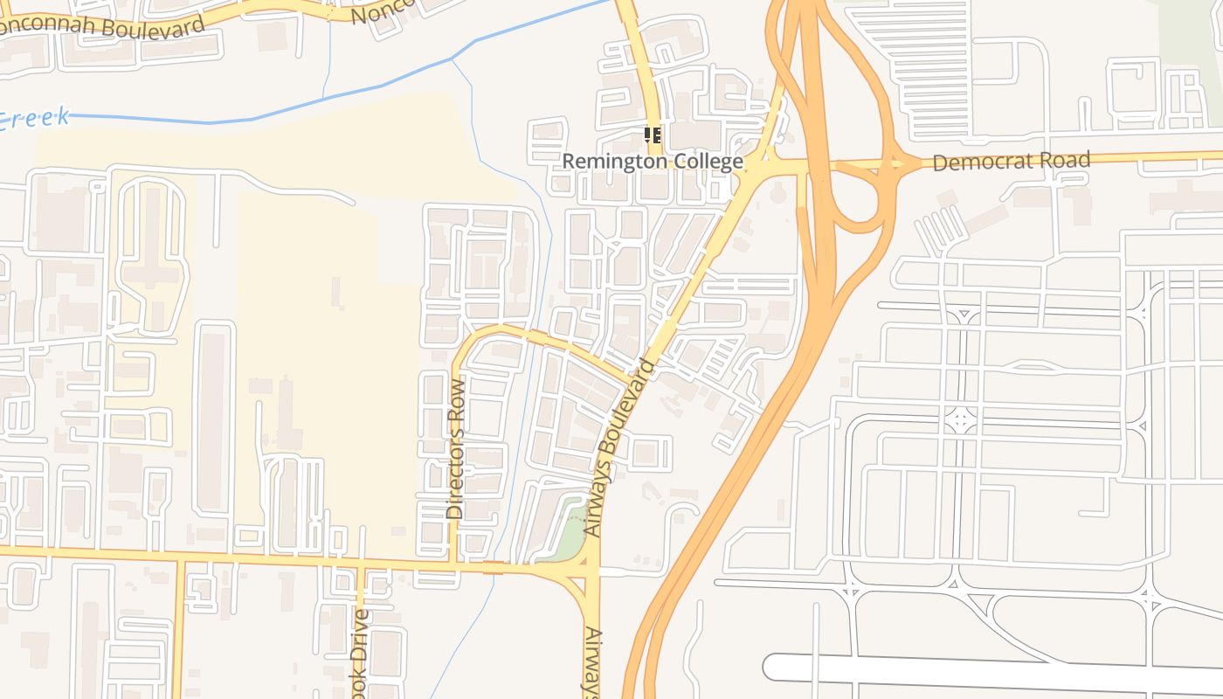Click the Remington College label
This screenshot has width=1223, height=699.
[x=652, y=162]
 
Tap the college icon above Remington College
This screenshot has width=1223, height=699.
[x=652, y=135]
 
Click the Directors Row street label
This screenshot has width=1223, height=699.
[x=456, y=449]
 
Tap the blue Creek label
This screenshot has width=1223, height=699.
[x=35, y=119]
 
